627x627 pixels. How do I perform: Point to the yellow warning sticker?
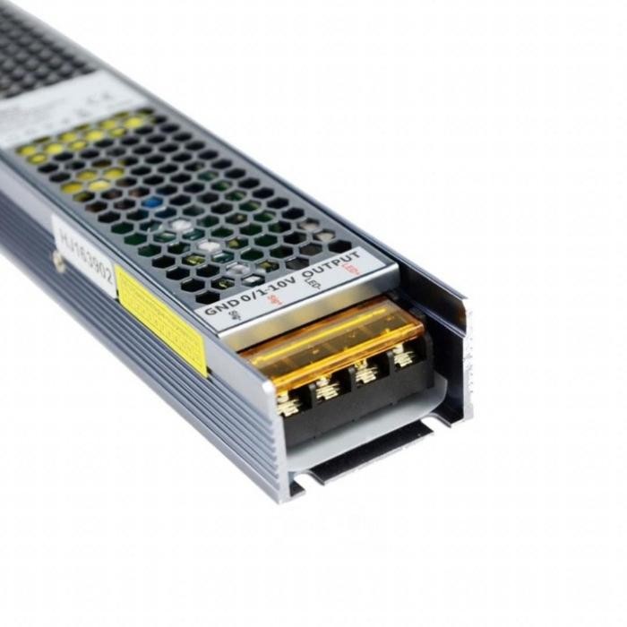click(x=161, y=320)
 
